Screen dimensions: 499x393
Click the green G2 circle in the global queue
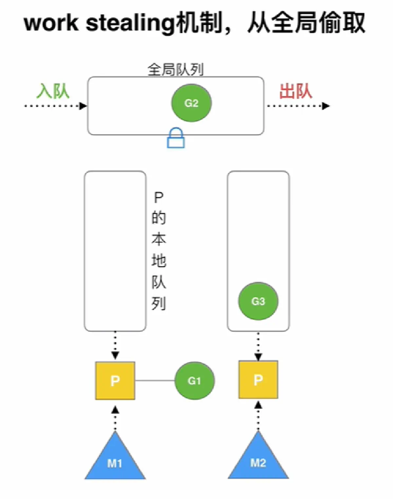(192, 103)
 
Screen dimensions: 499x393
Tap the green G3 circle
(258, 301)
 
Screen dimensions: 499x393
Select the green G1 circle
(195, 381)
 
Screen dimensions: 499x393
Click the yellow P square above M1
(115, 381)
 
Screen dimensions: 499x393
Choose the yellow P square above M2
(258, 380)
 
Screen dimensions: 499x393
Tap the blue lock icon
(176, 138)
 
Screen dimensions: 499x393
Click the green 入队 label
(53, 91)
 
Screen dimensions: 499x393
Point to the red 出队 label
(295, 91)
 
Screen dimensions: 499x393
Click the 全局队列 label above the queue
(176, 70)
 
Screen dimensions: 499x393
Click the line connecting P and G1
(155, 381)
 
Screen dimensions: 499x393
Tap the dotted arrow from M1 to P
(115, 418)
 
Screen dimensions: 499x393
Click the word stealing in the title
(130, 24)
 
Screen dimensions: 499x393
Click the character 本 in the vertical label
(159, 239)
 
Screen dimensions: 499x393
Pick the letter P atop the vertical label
(159, 198)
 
